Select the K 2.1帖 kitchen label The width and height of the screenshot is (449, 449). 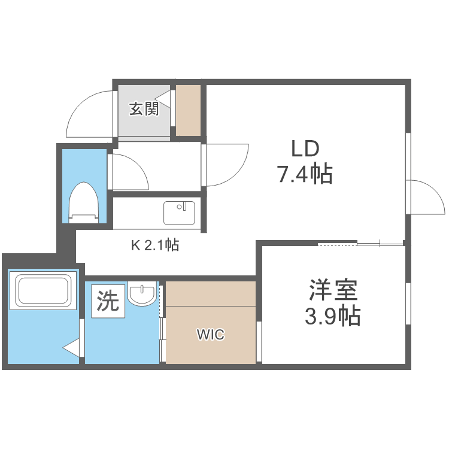(155, 244)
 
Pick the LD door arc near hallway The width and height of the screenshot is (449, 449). (227, 165)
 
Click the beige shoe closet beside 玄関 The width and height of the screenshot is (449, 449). (189, 110)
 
